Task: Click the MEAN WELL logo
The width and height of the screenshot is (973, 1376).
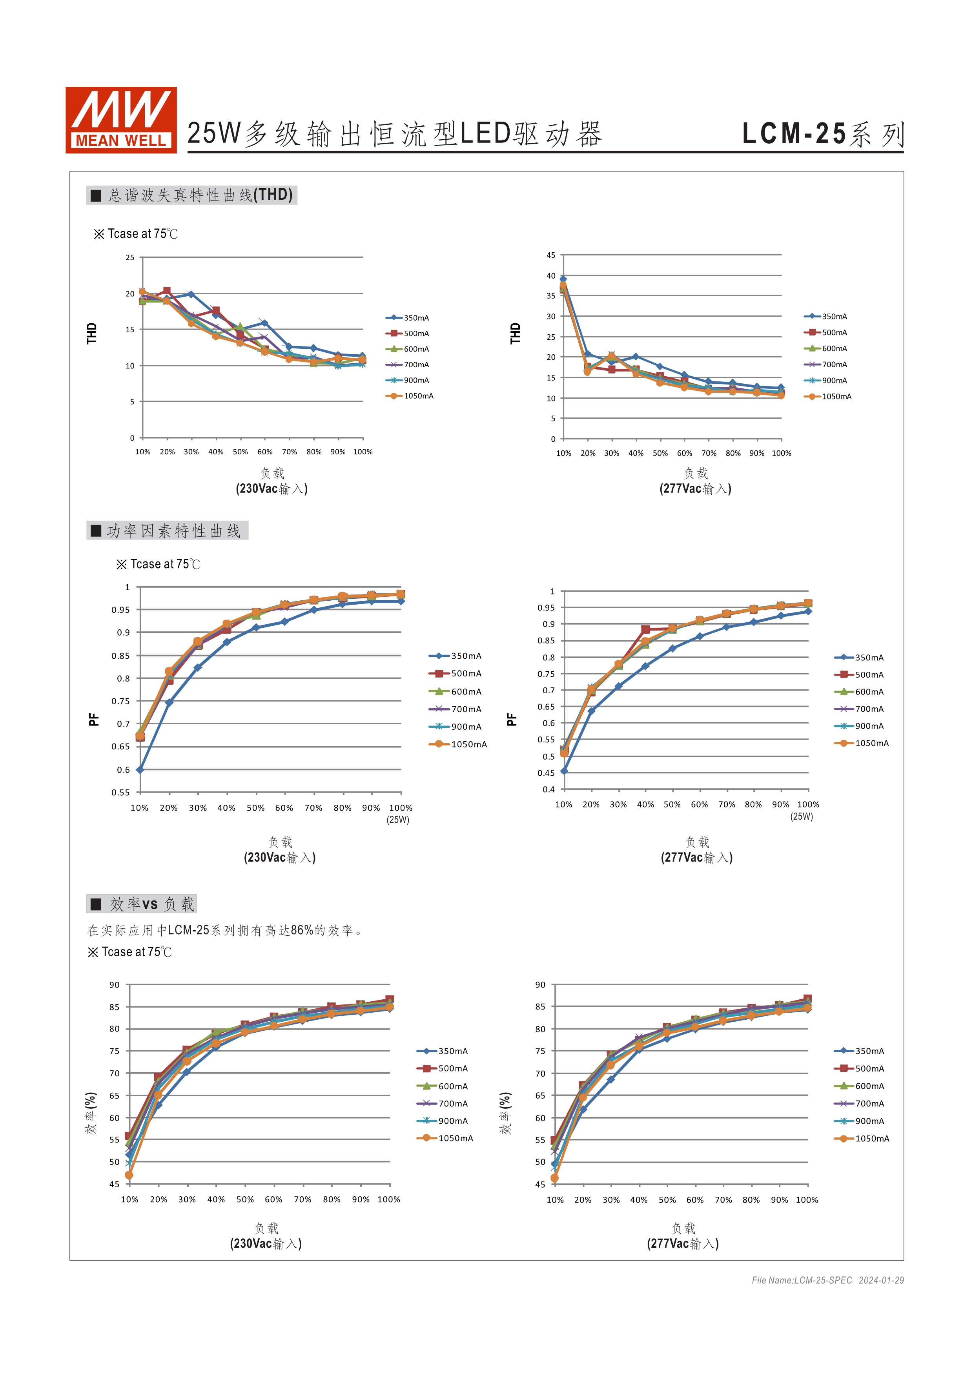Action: coord(121,120)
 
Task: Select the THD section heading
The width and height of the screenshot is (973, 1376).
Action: coord(192,195)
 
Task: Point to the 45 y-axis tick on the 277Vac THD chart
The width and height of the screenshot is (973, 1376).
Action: coord(550,255)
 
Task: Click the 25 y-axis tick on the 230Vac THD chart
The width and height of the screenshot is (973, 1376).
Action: coord(130,258)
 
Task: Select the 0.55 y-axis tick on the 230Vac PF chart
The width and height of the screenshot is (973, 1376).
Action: coord(120,792)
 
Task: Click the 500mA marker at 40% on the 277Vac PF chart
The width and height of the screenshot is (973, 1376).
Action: coord(645,630)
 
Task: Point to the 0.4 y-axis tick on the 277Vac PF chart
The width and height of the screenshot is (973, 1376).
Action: coord(549,789)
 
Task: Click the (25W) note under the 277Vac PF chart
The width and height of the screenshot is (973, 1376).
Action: coord(802,816)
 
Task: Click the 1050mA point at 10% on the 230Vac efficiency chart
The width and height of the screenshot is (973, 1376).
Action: coord(129,1175)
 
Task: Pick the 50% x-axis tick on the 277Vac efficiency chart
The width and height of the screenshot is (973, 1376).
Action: coord(667,1200)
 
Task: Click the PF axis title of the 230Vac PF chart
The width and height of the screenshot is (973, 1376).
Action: coord(93,719)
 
